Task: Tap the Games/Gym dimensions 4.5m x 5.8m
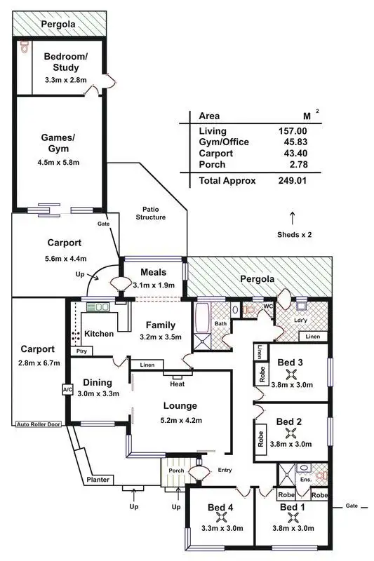[59, 163]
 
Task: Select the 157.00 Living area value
[293, 131]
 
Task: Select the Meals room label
[153, 272]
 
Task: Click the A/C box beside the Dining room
[67, 389]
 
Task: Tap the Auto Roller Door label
[39, 424]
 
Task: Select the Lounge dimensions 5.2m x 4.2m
[180, 421]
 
